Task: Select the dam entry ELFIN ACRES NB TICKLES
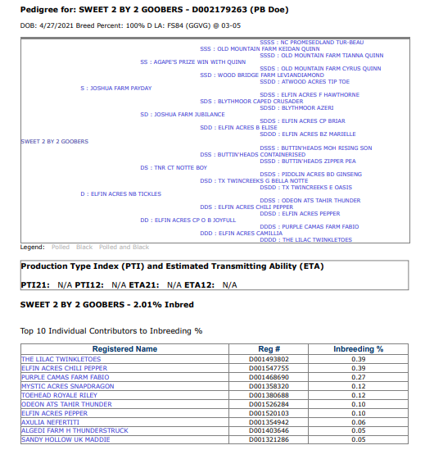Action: point(122,193)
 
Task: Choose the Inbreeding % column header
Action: point(358,349)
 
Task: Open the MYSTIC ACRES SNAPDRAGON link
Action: point(67,385)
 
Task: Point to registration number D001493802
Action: point(268,359)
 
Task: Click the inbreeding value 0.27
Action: point(358,376)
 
